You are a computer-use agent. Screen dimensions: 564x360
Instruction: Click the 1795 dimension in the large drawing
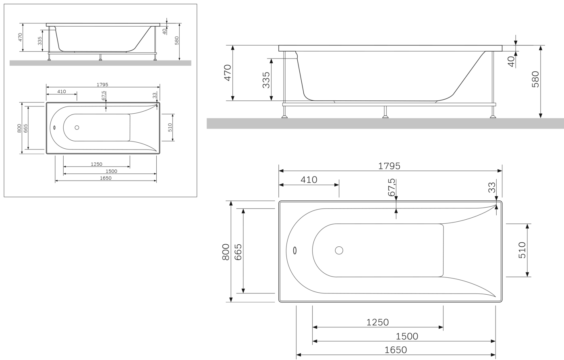(x=389, y=166)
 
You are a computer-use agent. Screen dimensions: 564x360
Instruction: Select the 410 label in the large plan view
(x=309, y=180)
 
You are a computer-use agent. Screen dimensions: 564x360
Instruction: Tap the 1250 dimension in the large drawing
(x=377, y=322)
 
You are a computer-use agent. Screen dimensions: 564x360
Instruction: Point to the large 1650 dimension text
(x=396, y=350)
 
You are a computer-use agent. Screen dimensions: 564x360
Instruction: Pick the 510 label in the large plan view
(x=523, y=250)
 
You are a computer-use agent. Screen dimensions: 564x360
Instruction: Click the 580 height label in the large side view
(x=535, y=79)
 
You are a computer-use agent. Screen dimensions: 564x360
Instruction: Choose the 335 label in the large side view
(x=266, y=80)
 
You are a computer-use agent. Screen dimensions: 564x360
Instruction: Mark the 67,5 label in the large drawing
(x=392, y=187)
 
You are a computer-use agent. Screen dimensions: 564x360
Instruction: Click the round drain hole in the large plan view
(x=339, y=250)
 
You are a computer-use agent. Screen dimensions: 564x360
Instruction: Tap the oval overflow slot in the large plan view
(x=295, y=250)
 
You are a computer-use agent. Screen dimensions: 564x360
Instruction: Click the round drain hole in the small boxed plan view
(x=77, y=127)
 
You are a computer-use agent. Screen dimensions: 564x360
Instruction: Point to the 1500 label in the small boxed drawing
(x=111, y=171)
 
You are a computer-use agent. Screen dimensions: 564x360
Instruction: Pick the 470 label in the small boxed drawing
(x=21, y=37)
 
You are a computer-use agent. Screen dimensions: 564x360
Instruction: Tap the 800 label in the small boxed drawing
(x=19, y=128)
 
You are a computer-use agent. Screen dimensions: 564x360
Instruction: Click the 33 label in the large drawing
(x=492, y=187)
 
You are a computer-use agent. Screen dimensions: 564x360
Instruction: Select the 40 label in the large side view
(x=511, y=61)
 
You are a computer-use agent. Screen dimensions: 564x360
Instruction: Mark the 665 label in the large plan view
(x=238, y=252)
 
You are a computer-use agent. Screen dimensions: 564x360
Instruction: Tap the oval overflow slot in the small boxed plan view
(x=54, y=127)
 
